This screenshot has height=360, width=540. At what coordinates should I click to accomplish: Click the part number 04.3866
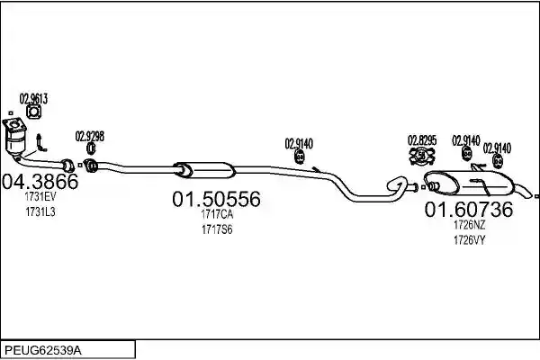[x=40, y=182]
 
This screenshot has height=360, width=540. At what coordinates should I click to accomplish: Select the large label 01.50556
[x=216, y=199]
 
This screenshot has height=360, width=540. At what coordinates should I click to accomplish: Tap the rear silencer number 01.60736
[x=469, y=210]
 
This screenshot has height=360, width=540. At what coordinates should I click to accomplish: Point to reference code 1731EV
[x=40, y=197]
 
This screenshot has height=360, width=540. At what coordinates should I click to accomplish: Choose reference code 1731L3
[x=40, y=211]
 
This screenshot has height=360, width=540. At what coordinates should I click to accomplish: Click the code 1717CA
[x=217, y=214]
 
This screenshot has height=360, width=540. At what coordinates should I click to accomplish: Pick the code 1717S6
[x=217, y=229]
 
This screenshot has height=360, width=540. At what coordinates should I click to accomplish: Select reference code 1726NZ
[x=470, y=225]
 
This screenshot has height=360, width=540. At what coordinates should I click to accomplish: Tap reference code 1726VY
[x=470, y=240]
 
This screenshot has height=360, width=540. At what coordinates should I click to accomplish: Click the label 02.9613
[x=33, y=99]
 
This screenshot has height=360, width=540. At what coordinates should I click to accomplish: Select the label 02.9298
[x=89, y=137]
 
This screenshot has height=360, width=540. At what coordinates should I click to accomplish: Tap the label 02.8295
[x=422, y=140]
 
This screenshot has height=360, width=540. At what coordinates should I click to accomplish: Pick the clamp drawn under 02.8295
[x=422, y=156]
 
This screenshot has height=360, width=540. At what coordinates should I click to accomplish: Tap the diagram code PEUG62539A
[x=43, y=351]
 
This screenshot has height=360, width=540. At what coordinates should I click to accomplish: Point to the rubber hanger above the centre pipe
[x=300, y=157]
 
